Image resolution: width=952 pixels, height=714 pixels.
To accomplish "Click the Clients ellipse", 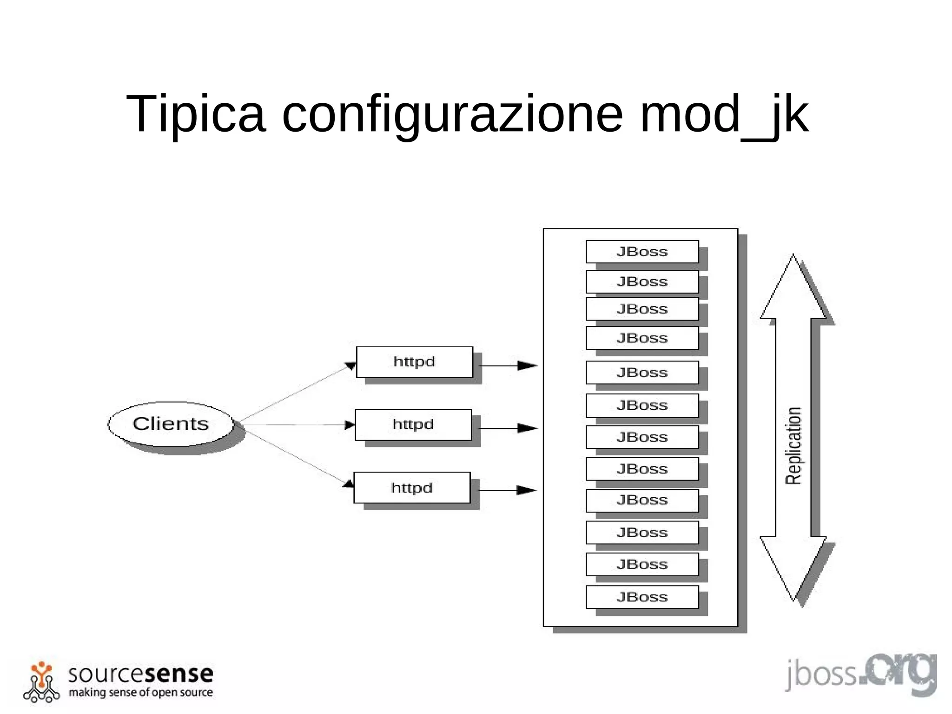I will pyautogui.click(x=171, y=424).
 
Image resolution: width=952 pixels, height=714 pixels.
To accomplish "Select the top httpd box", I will pyautogui.click(x=414, y=362).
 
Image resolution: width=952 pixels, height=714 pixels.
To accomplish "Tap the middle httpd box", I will pyautogui.click(x=413, y=425).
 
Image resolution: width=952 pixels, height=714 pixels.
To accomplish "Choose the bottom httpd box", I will pyautogui.click(x=412, y=487).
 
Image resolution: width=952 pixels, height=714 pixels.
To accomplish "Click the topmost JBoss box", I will pyautogui.click(x=642, y=252).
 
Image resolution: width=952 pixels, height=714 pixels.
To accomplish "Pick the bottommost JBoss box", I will pyautogui.click(x=642, y=597).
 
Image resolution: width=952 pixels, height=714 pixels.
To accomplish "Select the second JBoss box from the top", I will pyautogui.click(x=642, y=281).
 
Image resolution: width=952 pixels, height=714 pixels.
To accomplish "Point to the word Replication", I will pyautogui.click(x=793, y=446).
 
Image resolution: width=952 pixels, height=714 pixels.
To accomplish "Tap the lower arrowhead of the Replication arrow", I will pyautogui.click(x=793, y=567).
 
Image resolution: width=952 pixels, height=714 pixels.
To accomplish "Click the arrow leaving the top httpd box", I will pyautogui.click(x=508, y=366).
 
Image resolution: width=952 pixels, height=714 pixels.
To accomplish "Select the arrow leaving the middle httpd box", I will pyautogui.click(x=508, y=428).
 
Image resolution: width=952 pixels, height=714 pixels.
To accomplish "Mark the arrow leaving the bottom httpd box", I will pyautogui.click(x=507, y=490).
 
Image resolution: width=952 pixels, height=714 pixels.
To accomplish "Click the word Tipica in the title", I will pyautogui.click(x=196, y=114).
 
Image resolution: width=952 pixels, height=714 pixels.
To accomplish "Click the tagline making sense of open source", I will pyautogui.click(x=140, y=692).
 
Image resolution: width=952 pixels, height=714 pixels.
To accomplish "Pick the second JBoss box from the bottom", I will pyautogui.click(x=642, y=564).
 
